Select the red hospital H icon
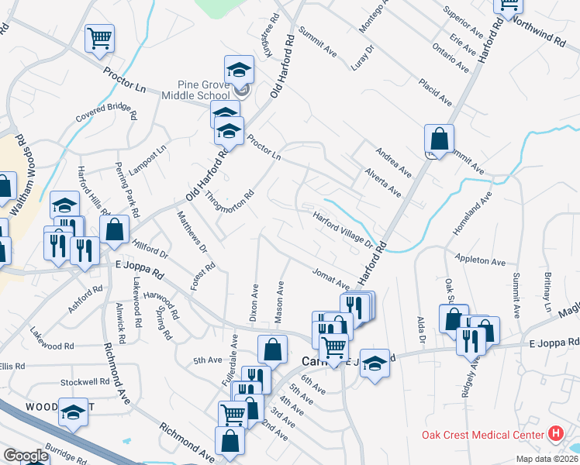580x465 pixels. click(555, 434)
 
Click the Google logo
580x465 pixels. click(26, 456)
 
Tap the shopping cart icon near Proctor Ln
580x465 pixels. click(99, 37)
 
